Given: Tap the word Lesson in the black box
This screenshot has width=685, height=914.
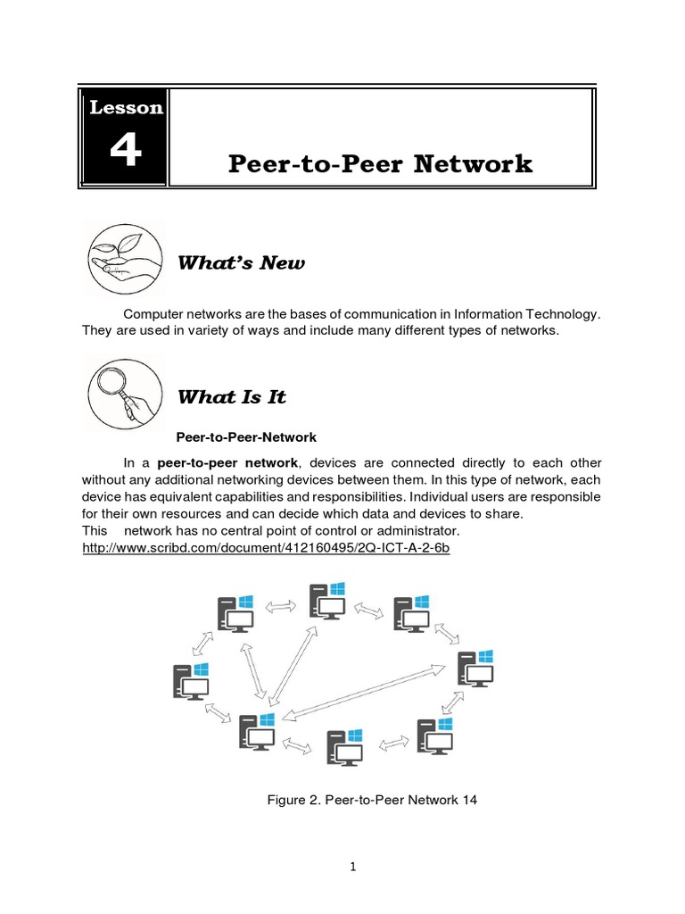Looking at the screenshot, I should [126, 108].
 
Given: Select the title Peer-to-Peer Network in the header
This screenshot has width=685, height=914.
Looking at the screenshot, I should [380, 164].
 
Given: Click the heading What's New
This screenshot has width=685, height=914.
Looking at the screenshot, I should [241, 262].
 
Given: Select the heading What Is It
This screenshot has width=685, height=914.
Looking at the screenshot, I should [232, 397].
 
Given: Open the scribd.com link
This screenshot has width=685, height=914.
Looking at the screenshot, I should [265, 547].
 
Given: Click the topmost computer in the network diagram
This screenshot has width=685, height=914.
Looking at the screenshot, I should [327, 601].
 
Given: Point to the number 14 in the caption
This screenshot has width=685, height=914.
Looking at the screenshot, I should [469, 800].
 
